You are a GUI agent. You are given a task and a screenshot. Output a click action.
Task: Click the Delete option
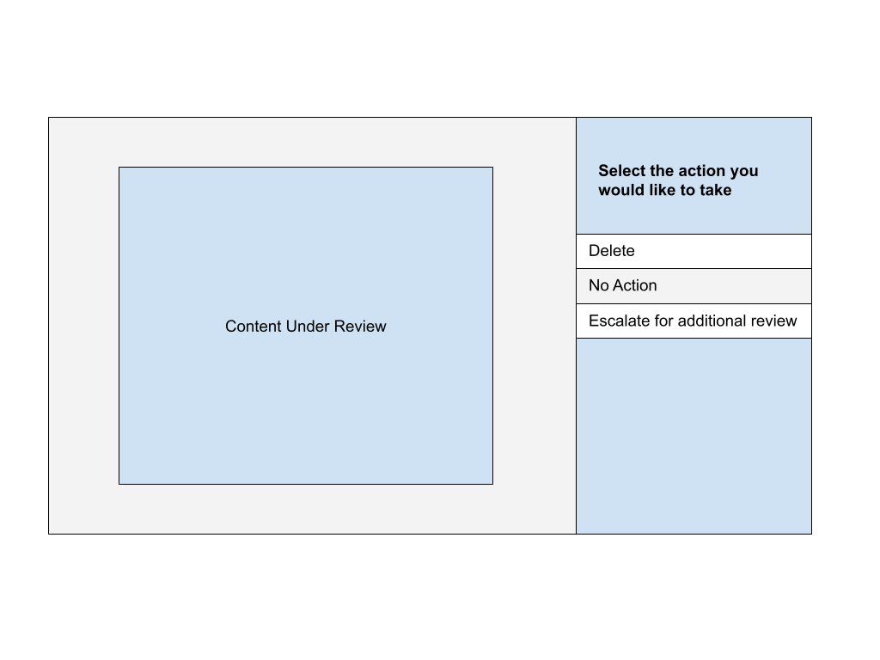pos(694,251)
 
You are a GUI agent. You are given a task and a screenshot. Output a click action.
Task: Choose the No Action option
pos(694,286)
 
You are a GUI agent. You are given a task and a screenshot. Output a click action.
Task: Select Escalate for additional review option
pos(694,321)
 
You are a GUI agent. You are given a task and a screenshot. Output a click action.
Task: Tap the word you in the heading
pos(744,172)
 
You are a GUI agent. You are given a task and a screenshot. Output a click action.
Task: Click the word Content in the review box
pos(254,326)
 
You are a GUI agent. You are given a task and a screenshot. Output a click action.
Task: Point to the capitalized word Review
pos(360,326)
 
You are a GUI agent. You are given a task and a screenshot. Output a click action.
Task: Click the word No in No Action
pos(598,285)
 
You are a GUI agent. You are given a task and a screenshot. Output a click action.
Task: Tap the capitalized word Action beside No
pos(635,285)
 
